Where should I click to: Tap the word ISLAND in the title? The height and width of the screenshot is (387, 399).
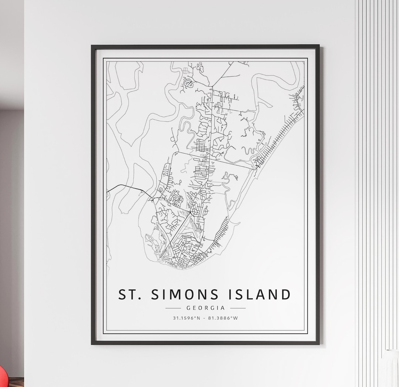pyautogui.click(x=259, y=295)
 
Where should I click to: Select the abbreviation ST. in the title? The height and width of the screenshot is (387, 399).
pyautogui.click(x=129, y=295)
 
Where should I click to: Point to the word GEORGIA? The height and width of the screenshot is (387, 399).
pyautogui.click(x=205, y=308)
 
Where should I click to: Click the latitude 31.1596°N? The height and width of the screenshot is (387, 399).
pyautogui.click(x=186, y=318)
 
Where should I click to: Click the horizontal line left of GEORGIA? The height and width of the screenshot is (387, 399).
pyautogui.click(x=173, y=308)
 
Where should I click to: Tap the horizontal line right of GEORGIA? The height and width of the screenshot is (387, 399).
pyautogui.click(x=238, y=308)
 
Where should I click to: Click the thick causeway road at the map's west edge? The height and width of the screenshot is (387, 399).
pyautogui.click(x=126, y=186)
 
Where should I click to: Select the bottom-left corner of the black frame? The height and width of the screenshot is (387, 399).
pyautogui.click(x=92, y=343)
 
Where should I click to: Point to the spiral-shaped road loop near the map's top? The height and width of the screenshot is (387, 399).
pyautogui.click(x=188, y=83)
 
